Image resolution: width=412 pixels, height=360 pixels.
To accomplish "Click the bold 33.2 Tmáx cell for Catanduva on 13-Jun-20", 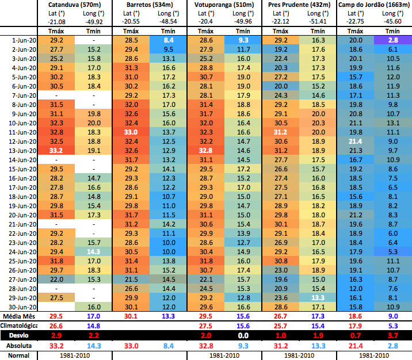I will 57,151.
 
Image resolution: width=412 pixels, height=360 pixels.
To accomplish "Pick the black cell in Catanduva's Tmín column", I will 94,233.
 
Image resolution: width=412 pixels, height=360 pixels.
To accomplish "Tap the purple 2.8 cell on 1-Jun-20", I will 393,41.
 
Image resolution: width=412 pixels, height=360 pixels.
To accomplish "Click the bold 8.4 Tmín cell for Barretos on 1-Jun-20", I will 168,41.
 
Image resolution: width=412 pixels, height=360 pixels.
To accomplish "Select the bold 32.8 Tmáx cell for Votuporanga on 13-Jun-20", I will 207,151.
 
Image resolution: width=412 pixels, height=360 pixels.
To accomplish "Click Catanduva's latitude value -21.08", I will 57,21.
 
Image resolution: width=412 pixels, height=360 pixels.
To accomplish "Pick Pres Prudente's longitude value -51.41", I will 318,21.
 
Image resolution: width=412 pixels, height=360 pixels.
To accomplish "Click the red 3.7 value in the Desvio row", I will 393,335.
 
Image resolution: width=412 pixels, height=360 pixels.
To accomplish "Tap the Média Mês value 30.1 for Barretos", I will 131,316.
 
